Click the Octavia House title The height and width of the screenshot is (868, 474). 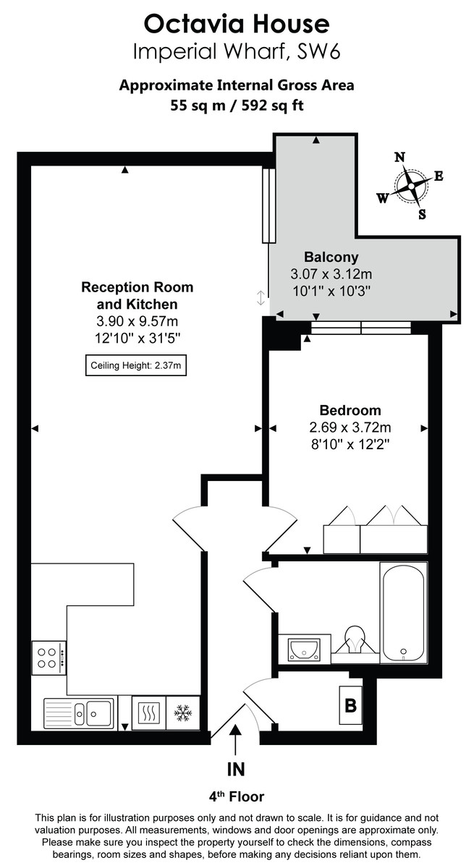point(237,25)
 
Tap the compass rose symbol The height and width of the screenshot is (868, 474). point(410,186)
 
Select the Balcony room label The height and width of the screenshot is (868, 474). point(331,257)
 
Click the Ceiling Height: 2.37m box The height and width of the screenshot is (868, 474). point(135,366)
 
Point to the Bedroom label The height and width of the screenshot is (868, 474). point(350,410)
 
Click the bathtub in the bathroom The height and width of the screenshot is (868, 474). point(404,613)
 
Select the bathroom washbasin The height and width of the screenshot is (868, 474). point(303,648)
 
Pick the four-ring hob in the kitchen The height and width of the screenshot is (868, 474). point(48,657)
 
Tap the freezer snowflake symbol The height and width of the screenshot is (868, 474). point(182,712)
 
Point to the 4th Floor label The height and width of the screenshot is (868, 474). point(236,797)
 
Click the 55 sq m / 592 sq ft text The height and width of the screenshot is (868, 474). point(237,104)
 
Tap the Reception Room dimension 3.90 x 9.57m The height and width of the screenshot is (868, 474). point(137,320)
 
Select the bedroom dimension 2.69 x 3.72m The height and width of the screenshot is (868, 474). point(350,427)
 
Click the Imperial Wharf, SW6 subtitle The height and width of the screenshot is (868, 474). point(237,52)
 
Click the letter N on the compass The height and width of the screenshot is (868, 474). point(399,158)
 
